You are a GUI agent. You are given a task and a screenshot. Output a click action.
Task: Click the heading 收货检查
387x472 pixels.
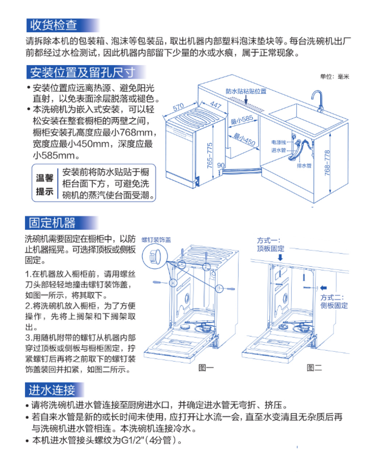pyautogui.click(x=53, y=25)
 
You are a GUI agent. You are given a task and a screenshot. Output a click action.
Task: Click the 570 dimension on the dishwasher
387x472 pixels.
pyautogui.click(x=178, y=108)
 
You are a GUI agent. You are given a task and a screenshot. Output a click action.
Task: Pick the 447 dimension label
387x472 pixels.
pyautogui.click(x=215, y=104)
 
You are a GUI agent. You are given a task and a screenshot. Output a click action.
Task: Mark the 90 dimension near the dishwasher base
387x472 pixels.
pyautogui.click(x=221, y=166)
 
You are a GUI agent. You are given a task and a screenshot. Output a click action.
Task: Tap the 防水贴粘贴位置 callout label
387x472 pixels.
pyautogui.click(x=245, y=91)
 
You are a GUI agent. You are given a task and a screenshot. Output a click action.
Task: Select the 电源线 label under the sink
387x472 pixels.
pyautogui.click(x=278, y=142)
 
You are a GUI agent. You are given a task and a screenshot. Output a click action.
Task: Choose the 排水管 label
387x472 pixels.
pyautogui.click(x=304, y=165)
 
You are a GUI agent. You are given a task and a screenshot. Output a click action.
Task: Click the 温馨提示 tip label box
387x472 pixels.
pyautogui.click(x=45, y=184)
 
